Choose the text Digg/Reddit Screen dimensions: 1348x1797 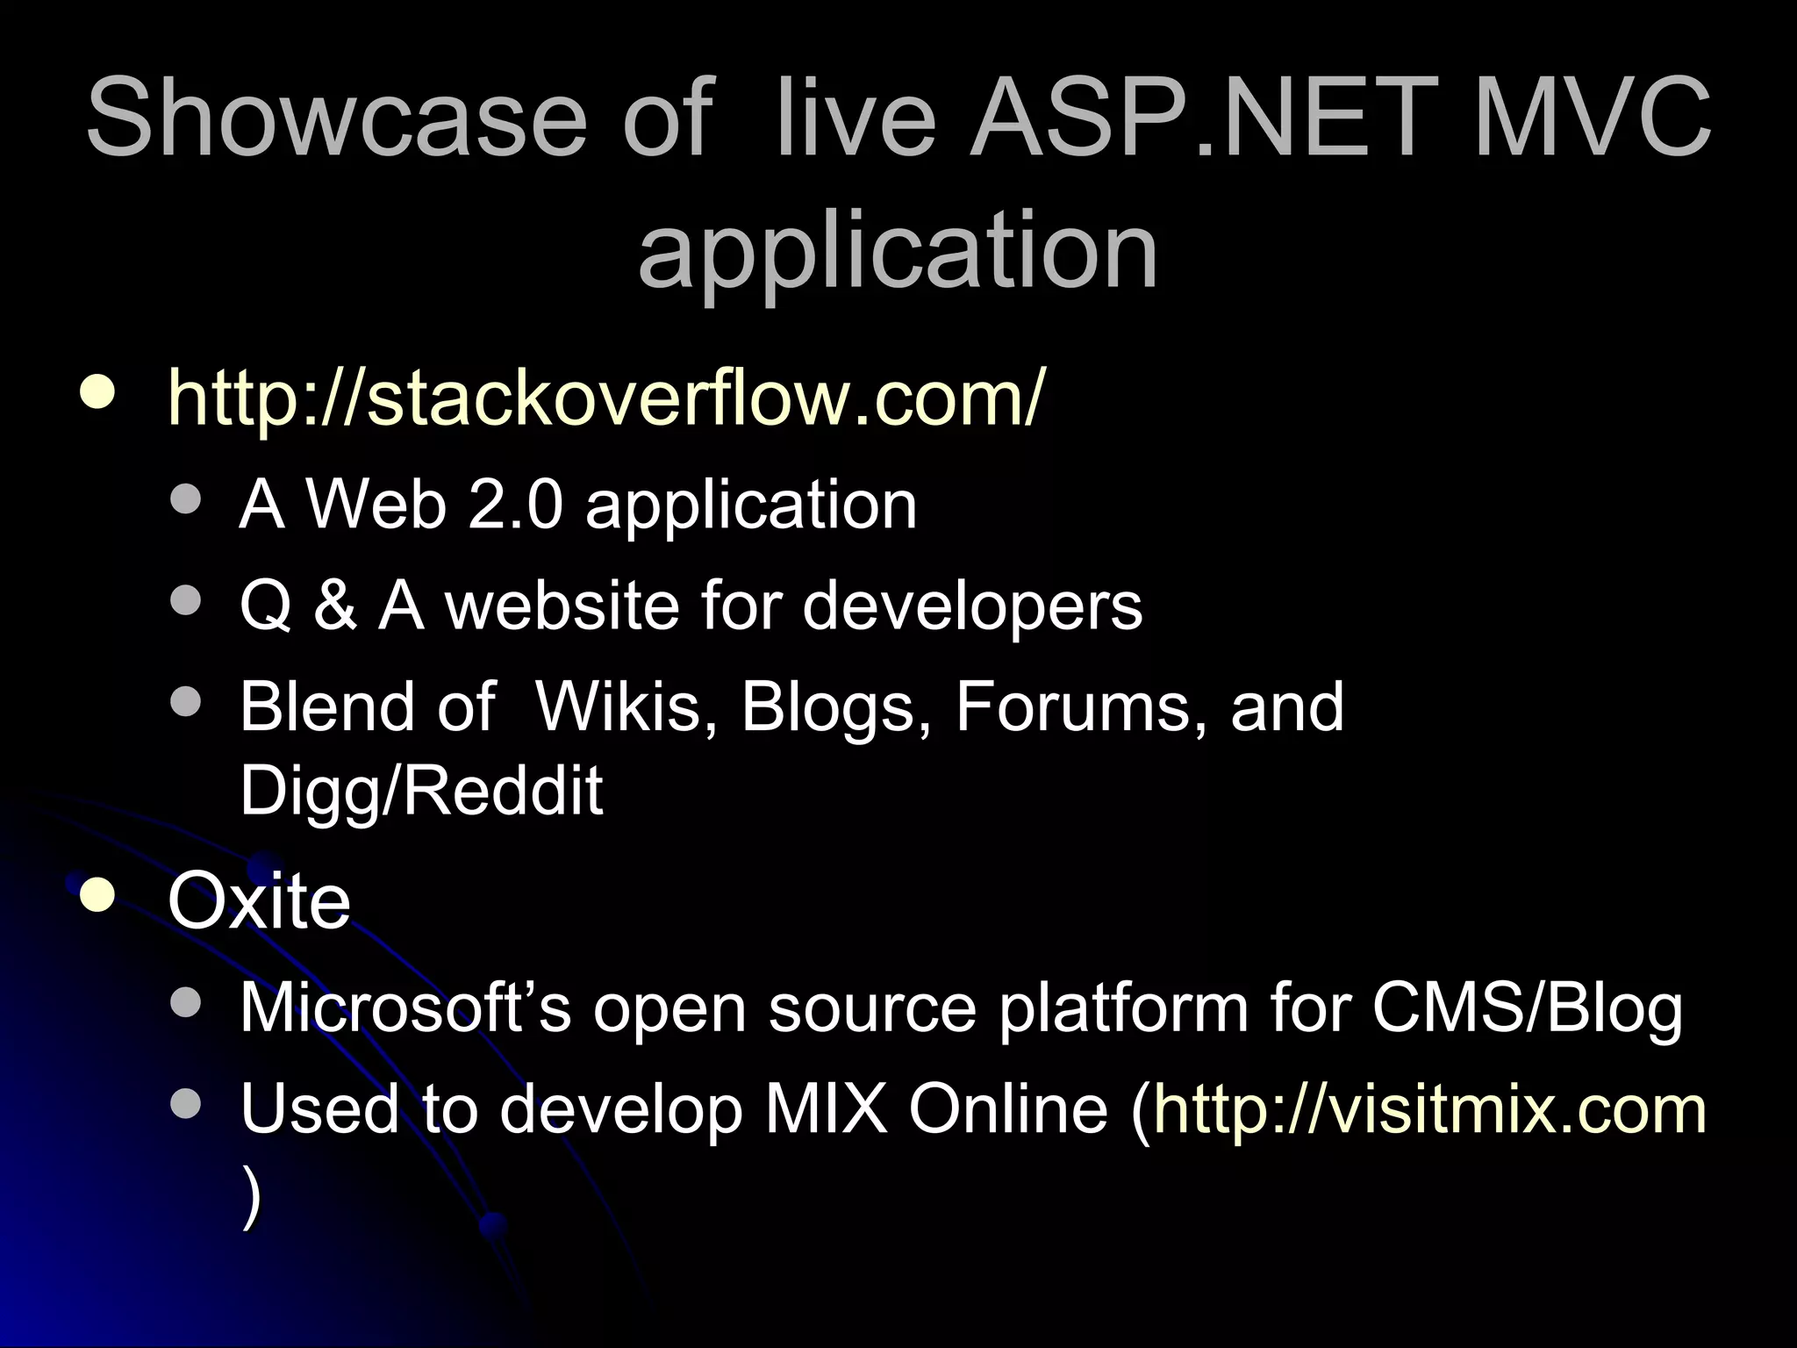421,790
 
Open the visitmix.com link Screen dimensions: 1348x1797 1430,1109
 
